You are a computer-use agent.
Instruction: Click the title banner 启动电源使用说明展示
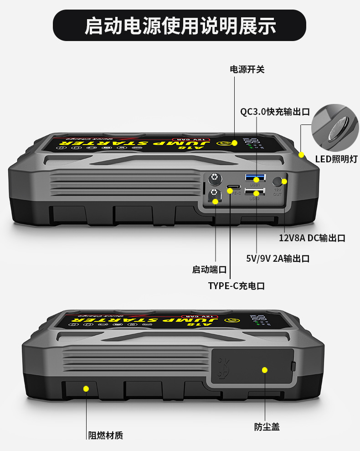coord(180,26)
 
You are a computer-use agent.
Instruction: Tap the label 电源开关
coord(247,69)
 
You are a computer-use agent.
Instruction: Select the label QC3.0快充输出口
coord(275,112)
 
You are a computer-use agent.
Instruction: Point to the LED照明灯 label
coord(336,159)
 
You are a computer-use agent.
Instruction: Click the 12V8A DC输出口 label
coord(312,238)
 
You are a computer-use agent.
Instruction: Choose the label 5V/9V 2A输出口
coord(278,259)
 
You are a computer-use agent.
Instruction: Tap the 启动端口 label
coord(209,270)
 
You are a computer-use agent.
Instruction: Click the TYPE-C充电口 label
coord(237,286)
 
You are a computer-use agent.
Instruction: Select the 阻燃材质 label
coord(105,435)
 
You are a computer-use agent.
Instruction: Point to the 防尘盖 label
coord(267,427)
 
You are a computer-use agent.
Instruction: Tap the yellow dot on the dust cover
coord(264,370)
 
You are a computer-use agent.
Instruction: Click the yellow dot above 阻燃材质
coord(86,389)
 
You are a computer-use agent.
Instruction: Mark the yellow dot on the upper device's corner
coord(301,155)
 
